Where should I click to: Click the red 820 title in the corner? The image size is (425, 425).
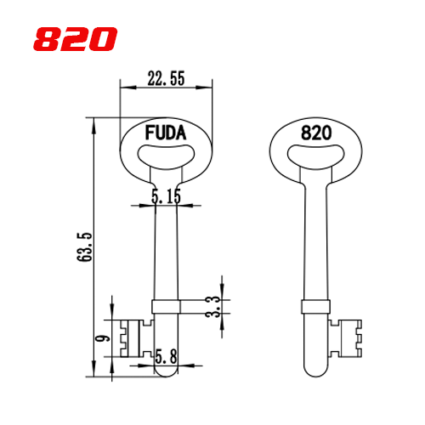coord(75,39)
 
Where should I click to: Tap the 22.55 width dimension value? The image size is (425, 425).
coord(166,78)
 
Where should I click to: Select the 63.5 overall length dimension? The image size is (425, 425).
coord(85,246)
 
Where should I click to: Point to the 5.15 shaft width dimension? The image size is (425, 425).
coord(166,196)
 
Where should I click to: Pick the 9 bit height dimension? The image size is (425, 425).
coord(102,338)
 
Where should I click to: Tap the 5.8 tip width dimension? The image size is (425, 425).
coord(167,356)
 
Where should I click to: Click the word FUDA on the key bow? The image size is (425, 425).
coord(166,133)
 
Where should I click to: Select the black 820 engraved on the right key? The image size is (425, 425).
coord(316,133)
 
